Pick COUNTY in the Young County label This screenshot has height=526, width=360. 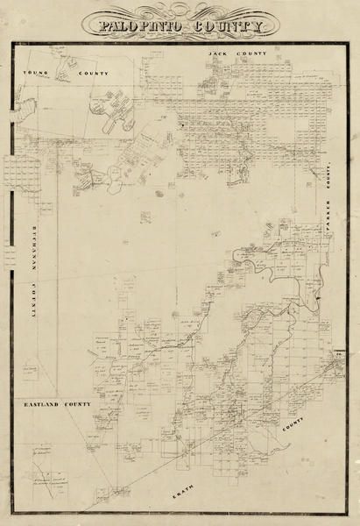pos(92,73)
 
